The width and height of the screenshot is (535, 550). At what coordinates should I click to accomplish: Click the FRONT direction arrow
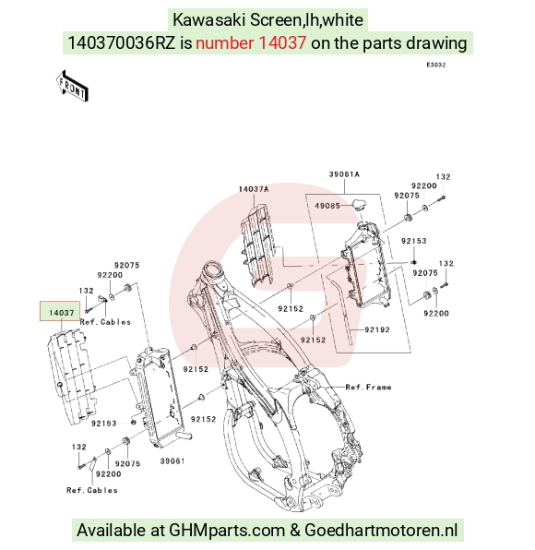click(x=72, y=87)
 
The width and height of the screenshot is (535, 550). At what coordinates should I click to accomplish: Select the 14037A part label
click(x=254, y=189)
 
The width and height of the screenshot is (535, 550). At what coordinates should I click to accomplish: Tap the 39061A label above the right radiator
click(x=344, y=174)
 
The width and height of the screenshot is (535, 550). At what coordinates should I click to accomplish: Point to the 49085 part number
click(x=327, y=206)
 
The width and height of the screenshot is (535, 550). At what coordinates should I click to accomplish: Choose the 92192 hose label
click(x=377, y=329)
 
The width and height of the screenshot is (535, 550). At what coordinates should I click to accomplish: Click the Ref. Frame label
click(x=368, y=388)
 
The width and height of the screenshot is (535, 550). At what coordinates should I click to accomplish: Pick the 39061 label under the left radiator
click(x=172, y=460)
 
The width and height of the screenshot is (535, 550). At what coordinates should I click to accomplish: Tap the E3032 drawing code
click(x=436, y=65)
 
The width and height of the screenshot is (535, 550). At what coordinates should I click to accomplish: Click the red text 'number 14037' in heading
click(x=251, y=43)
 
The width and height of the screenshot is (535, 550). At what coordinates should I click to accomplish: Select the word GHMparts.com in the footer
click(x=227, y=530)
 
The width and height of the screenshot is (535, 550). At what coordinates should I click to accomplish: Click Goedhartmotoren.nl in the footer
click(x=381, y=530)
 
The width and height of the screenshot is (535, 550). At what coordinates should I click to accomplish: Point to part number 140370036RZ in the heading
click(x=121, y=43)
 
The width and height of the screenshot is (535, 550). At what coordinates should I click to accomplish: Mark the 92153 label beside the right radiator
click(x=413, y=241)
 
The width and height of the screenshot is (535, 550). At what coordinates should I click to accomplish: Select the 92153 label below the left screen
click(x=104, y=424)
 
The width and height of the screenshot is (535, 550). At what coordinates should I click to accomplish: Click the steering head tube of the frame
click(x=214, y=272)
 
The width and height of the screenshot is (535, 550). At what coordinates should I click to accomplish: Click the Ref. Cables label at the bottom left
click(x=92, y=490)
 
